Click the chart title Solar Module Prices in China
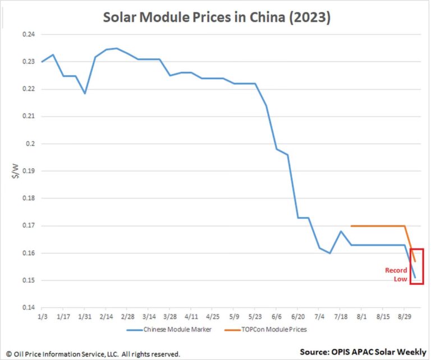click(x=217, y=17)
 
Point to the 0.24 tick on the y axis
click(x=27, y=35)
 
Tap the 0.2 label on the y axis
click(x=30, y=144)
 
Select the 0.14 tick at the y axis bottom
click(x=27, y=308)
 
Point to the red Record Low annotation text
click(x=396, y=274)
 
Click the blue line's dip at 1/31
click(x=85, y=93)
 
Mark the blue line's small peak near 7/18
click(x=341, y=231)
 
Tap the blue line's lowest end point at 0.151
click(x=415, y=277)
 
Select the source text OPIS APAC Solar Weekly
click(x=363, y=352)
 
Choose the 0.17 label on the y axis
click(x=27, y=226)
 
